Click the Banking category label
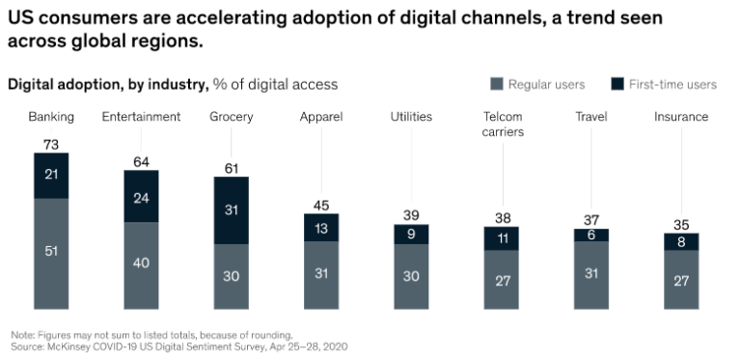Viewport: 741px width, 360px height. click(x=51, y=117)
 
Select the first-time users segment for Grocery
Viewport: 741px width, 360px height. click(x=232, y=210)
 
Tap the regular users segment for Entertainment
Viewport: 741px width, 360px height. click(x=141, y=265)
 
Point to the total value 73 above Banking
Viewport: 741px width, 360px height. click(x=51, y=145)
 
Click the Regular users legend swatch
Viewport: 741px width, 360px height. click(x=497, y=84)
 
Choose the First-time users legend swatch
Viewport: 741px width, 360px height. click(x=617, y=84)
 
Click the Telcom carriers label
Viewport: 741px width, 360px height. click(x=503, y=124)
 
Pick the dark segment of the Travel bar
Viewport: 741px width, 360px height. click(x=591, y=235)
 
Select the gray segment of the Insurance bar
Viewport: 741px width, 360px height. click(x=681, y=280)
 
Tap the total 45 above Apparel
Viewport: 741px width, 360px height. click(x=321, y=206)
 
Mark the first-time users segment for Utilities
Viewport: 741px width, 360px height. click(x=411, y=235)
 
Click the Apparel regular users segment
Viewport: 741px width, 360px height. click(x=321, y=275)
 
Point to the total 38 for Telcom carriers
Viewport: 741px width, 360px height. click(x=503, y=218)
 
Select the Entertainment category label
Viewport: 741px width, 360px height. click(x=141, y=117)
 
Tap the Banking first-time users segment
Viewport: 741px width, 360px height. click(x=51, y=176)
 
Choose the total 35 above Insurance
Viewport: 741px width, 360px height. click(x=681, y=225)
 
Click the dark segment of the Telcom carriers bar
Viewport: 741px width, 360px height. click(x=502, y=238)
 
